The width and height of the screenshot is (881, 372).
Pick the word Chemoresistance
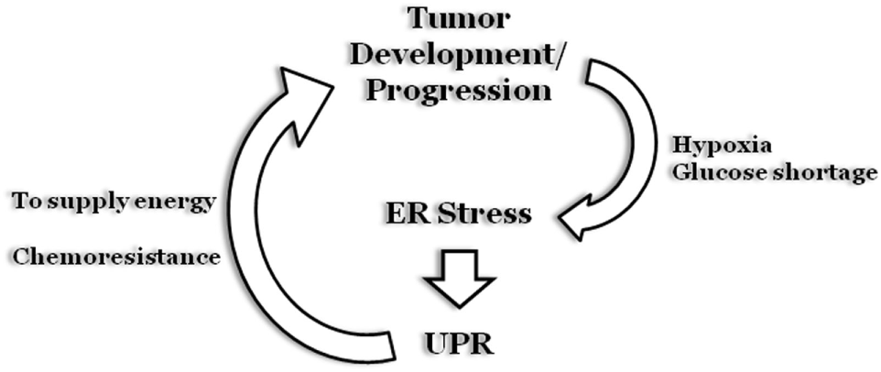coord(115,256)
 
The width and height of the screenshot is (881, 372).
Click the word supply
coord(91,201)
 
